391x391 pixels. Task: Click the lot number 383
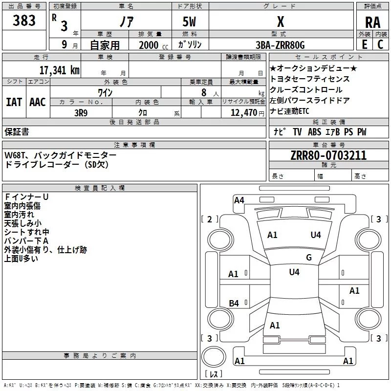point(24,20)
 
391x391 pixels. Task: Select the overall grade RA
point(372,22)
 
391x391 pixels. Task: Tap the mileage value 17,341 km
point(59,70)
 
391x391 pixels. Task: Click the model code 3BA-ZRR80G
point(280,45)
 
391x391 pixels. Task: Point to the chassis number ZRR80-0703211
point(328,155)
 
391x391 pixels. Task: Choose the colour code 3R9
point(81,113)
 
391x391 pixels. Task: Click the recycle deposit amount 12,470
point(243,113)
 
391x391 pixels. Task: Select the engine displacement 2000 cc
point(153,45)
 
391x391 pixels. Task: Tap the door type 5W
point(189,22)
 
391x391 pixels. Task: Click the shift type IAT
point(14,102)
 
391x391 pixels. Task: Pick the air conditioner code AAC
point(38,102)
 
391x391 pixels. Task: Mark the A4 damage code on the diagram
point(239,200)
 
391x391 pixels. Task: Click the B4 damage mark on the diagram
point(234,303)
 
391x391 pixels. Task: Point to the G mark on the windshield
point(309,258)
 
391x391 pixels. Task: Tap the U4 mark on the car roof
point(294,272)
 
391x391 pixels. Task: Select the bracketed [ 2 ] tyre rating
point(210,219)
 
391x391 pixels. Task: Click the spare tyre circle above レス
point(214,356)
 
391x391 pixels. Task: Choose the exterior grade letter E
point(364,44)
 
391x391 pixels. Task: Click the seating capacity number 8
point(204,92)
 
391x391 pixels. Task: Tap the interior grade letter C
point(380,44)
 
